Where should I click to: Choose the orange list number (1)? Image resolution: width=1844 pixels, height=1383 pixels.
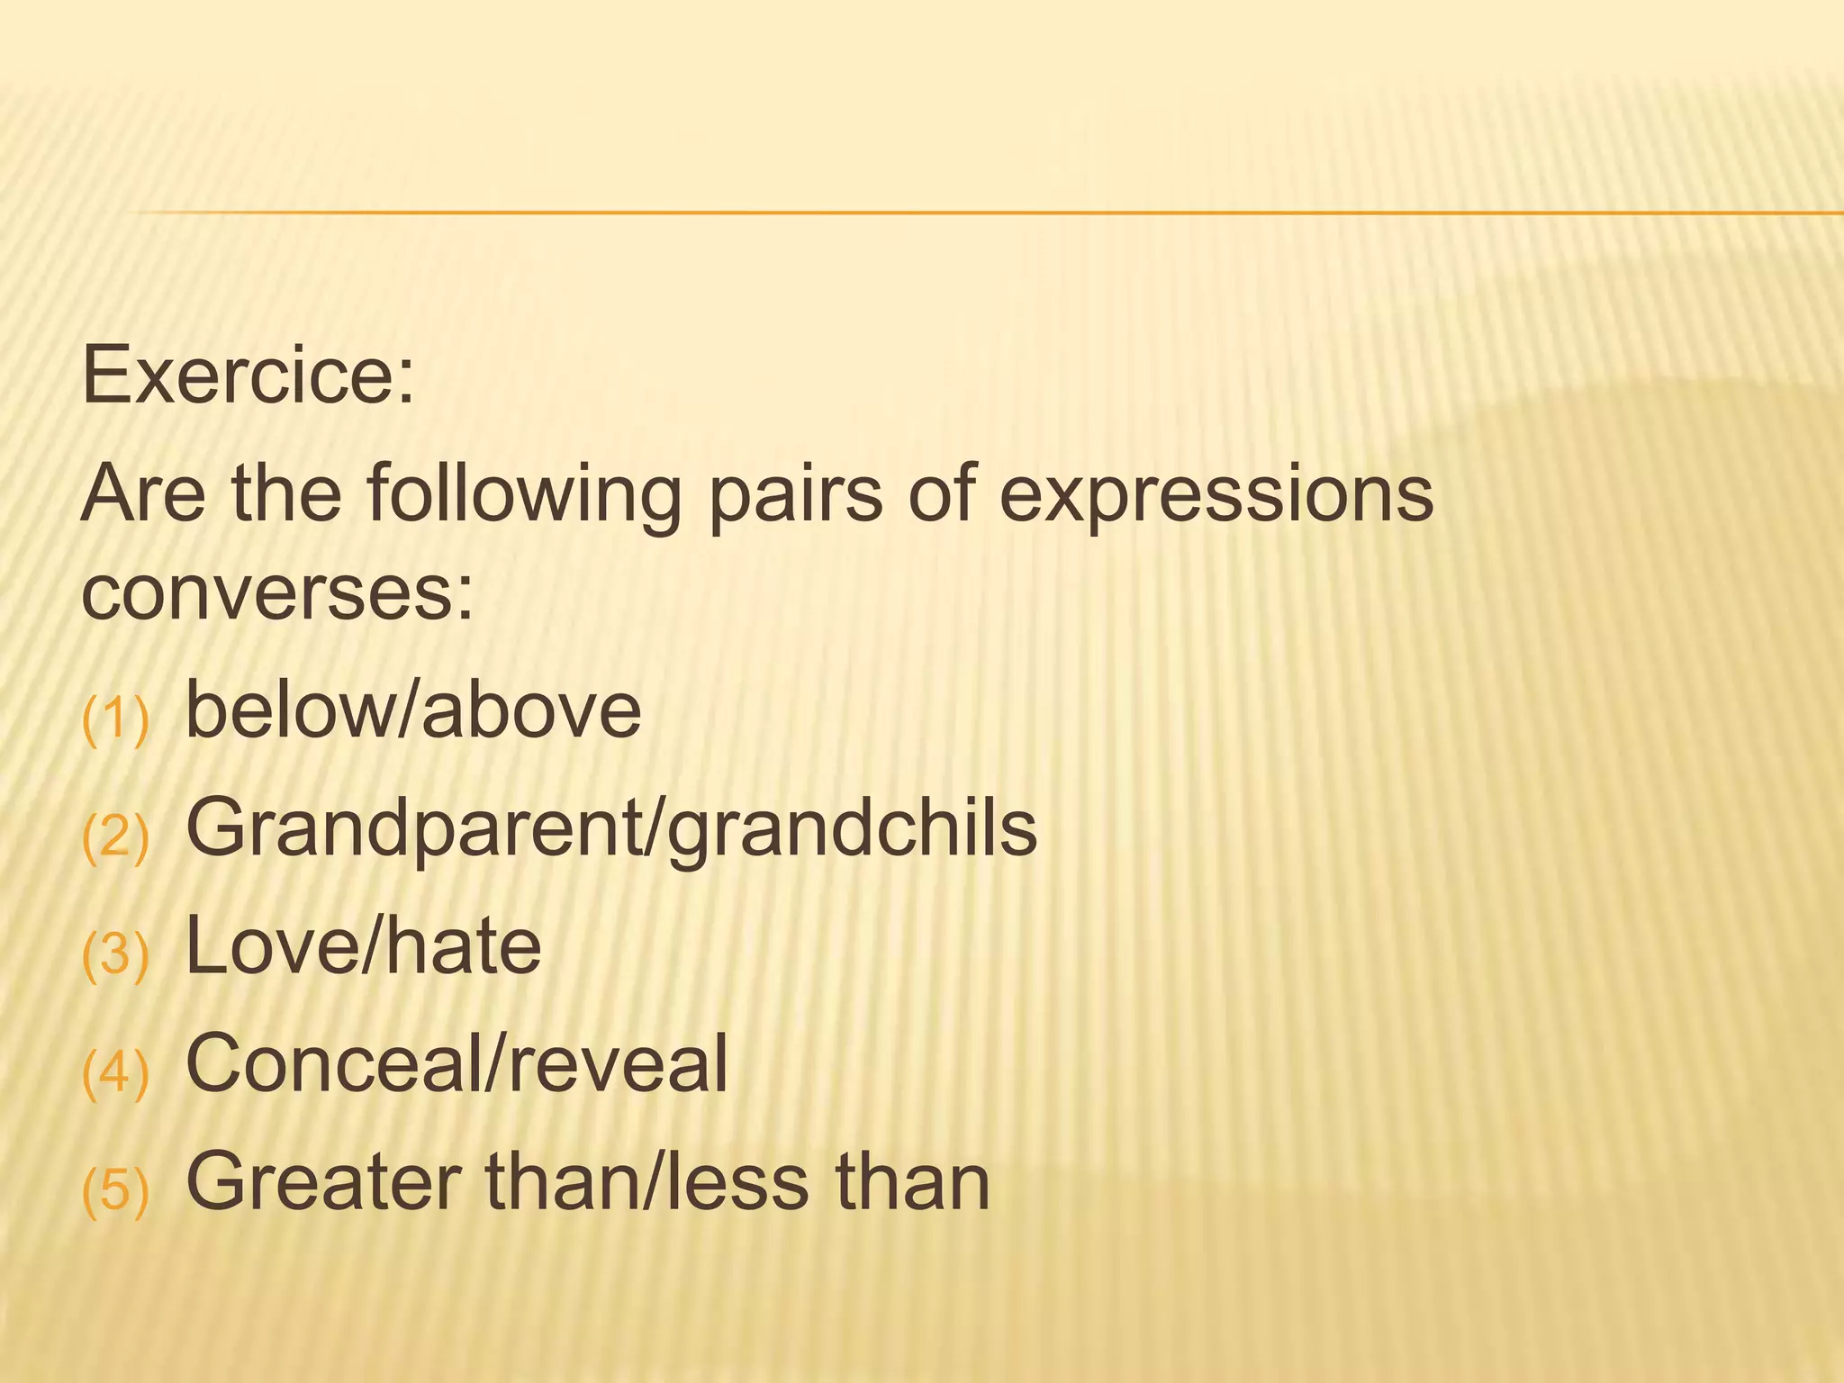(x=115, y=720)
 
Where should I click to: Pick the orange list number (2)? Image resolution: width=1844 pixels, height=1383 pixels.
(x=115, y=837)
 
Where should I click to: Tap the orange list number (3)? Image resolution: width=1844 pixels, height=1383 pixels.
(x=115, y=955)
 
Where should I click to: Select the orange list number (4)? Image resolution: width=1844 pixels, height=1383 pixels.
(x=115, y=1072)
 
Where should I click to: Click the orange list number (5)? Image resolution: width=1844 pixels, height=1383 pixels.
(x=115, y=1190)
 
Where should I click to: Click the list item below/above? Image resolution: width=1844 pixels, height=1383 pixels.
(x=413, y=710)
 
